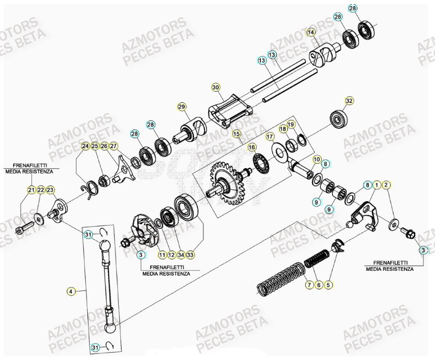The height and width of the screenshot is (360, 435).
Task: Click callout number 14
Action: point(311,32)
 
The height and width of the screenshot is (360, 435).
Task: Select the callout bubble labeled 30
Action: point(216,87)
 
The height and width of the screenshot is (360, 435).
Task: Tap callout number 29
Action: point(182,106)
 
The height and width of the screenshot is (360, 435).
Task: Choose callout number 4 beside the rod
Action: point(71,291)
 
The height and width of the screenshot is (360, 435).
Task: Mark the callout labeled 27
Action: point(114,147)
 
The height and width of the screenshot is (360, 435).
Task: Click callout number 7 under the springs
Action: point(308,285)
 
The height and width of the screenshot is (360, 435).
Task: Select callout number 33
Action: point(190,254)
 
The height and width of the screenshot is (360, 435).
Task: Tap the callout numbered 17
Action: point(270,137)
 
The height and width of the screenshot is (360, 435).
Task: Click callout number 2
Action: point(386,186)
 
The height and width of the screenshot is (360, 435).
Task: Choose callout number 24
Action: point(86,147)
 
